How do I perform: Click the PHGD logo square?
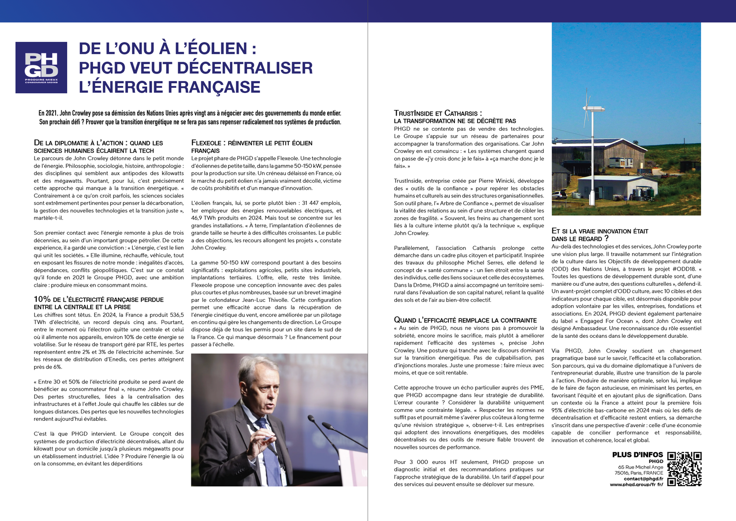coord(41,68)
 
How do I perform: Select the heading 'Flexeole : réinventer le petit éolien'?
coord(252,143)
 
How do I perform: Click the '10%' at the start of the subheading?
coord(42,299)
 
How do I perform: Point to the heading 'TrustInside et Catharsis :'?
coord(437,113)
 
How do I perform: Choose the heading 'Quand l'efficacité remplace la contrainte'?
coord(465,320)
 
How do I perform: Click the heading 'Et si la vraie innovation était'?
coord(600,231)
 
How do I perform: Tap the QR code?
coord(684,469)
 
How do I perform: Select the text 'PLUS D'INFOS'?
coord(637,455)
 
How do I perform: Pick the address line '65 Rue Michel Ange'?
coord(640,467)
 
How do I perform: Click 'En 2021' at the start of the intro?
coord(48,113)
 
